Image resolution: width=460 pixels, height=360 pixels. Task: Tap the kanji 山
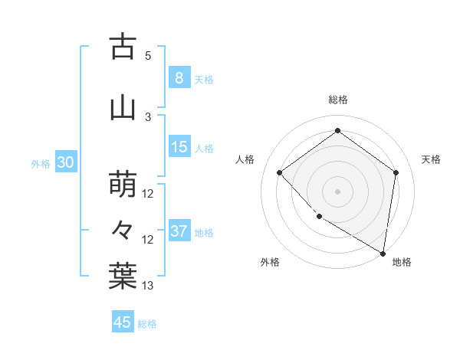(123, 107)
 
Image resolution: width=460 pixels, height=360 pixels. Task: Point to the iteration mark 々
(123, 229)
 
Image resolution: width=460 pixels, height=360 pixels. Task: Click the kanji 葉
(123, 276)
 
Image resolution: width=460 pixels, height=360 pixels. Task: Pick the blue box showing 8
(179, 77)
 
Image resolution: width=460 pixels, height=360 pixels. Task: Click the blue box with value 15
(179, 147)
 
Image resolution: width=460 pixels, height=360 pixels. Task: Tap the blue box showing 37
(179, 231)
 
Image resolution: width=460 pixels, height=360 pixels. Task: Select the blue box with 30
(65, 162)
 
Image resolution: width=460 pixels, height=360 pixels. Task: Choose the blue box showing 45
(123, 322)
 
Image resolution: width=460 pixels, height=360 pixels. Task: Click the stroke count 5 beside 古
(148, 56)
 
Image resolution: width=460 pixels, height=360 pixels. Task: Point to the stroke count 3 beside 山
(148, 117)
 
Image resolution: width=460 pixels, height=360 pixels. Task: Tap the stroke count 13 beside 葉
(148, 286)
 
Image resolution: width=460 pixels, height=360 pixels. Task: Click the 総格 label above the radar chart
(337, 100)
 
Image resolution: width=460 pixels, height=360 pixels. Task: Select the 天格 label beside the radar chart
(431, 159)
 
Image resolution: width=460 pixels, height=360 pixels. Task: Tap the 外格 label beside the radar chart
(270, 263)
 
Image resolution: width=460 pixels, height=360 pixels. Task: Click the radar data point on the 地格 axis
(383, 253)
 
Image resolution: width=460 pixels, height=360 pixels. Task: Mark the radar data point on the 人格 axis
(280, 172)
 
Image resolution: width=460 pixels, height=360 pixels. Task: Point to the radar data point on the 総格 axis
(337, 131)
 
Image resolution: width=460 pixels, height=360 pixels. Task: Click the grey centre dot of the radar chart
(337, 191)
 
